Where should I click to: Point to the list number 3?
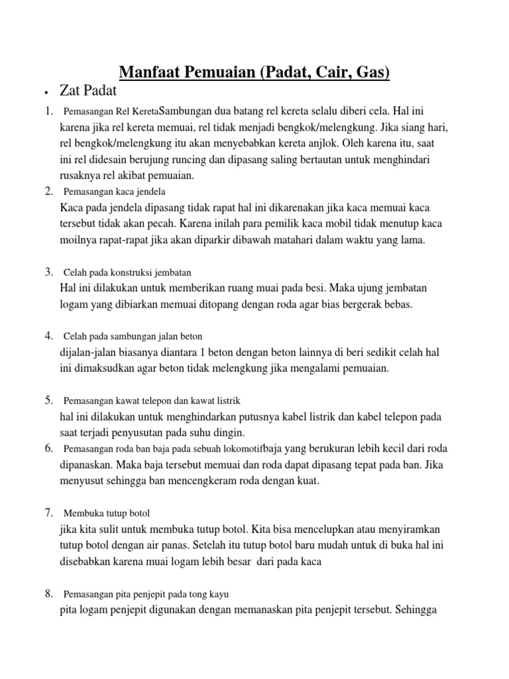(x=49, y=271)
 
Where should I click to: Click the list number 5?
(x=49, y=399)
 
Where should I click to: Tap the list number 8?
(x=49, y=593)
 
